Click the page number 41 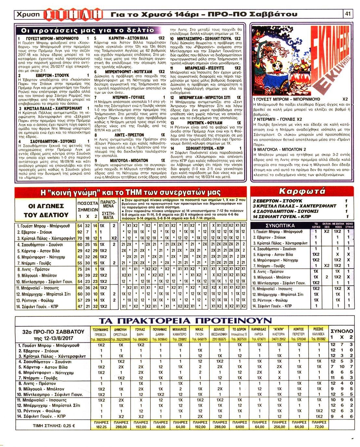[348, 14]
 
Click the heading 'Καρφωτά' [302, 191]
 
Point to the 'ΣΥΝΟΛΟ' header [341, 331]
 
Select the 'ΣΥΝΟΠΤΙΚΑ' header [280, 225]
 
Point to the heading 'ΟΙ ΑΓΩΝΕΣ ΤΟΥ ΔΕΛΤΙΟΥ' [46, 211]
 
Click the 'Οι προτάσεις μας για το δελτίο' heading [87, 30]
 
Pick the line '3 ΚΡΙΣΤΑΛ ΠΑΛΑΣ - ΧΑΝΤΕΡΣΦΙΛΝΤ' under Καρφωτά [295, 206]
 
